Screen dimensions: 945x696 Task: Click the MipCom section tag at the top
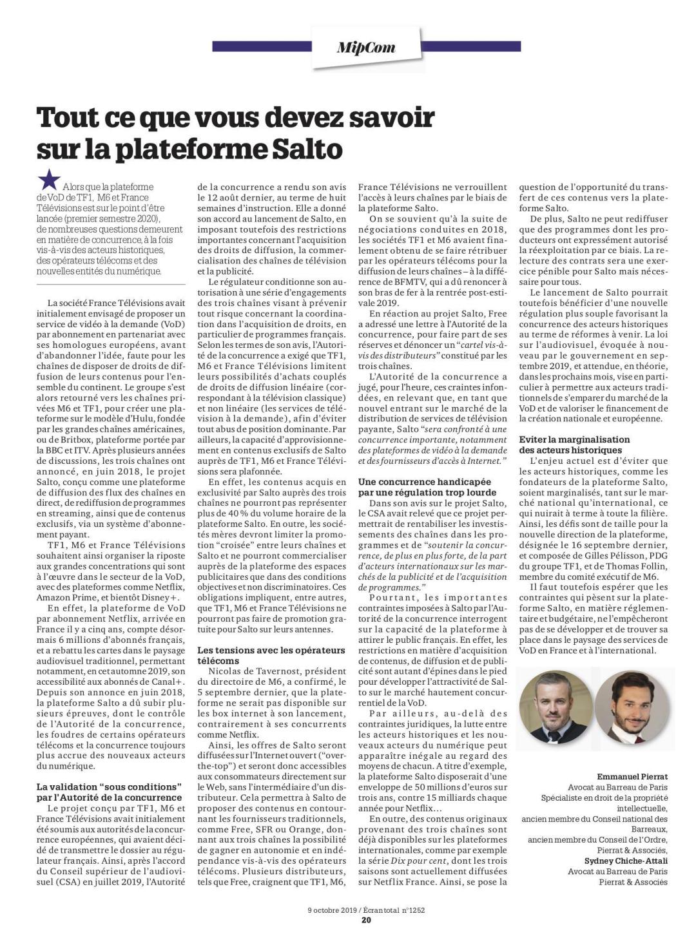point(365,47)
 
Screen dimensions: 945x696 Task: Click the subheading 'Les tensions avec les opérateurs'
point(271,651)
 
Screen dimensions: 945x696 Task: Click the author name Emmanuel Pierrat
point(632,776)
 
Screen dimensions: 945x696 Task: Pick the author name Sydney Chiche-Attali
point(626,861)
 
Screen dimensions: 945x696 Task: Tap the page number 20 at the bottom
point(366,920)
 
